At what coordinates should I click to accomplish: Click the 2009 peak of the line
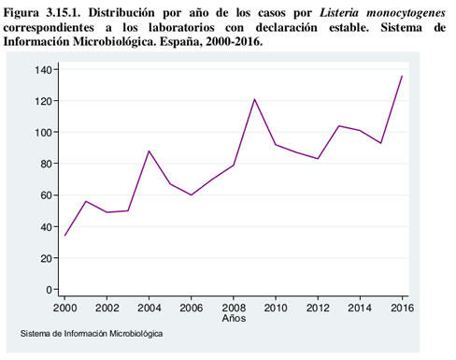coord(254,99)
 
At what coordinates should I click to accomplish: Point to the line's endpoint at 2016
coord(402,76)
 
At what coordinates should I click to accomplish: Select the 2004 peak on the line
coord(149,151)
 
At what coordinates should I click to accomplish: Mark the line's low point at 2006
coord(192,194)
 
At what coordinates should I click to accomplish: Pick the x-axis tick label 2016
coord(402,307)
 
